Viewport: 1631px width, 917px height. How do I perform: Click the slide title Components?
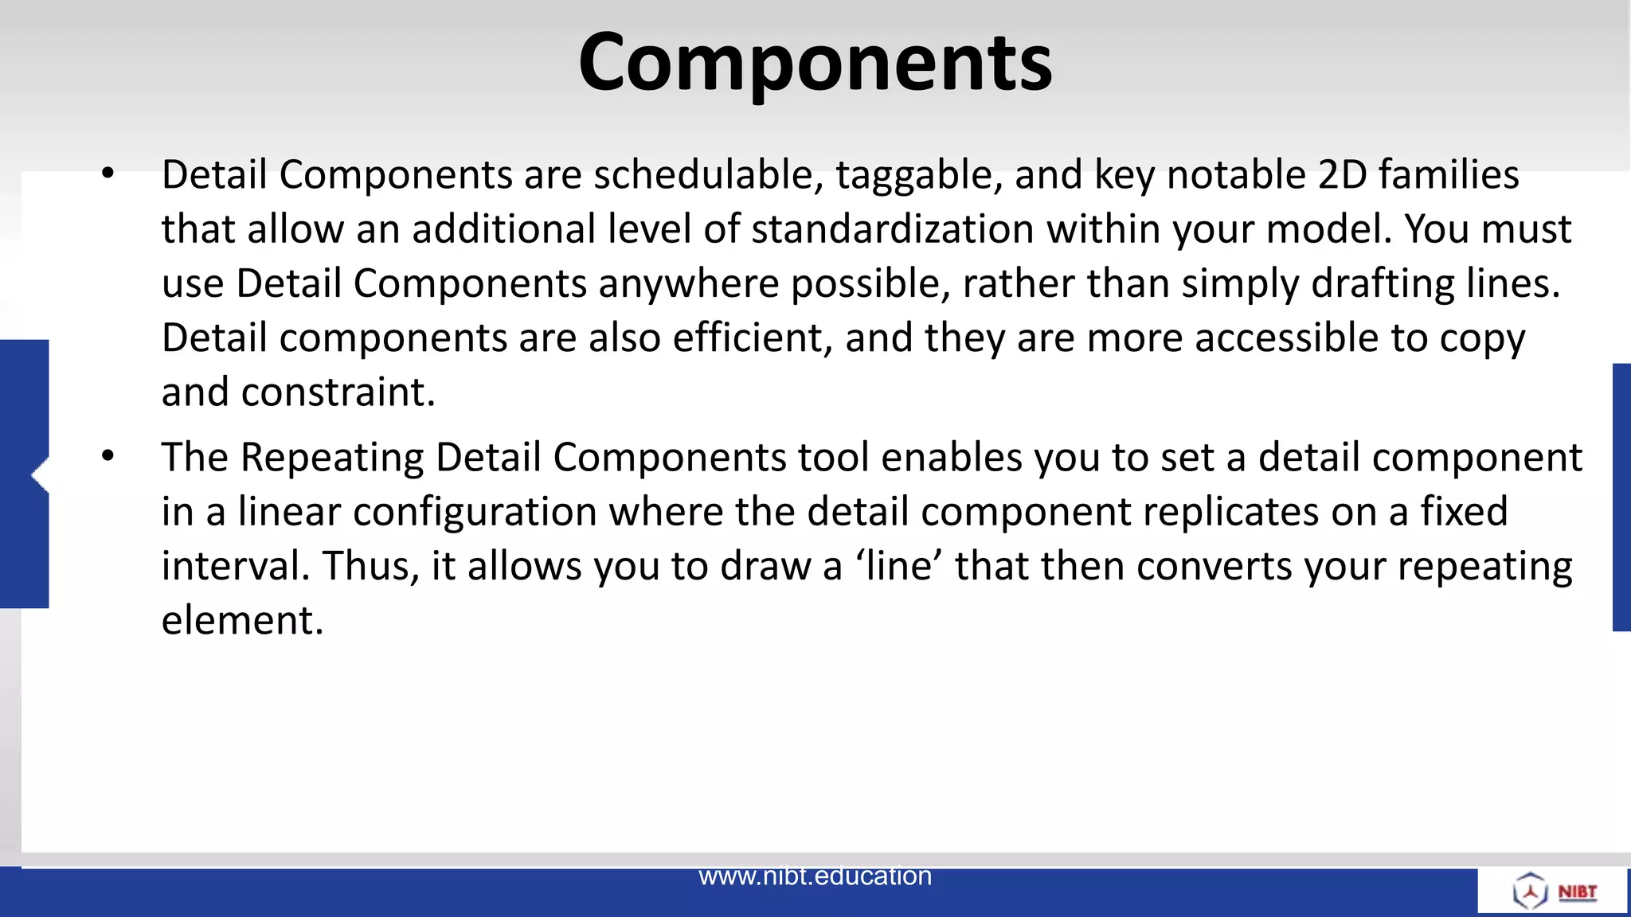pos(815,62)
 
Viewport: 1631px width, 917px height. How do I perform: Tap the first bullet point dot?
pos(108,173)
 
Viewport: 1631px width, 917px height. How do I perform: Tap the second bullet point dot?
pos(108,456)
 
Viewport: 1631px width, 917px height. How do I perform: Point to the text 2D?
pos(1342,174)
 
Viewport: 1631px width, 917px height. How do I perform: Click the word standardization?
pos(892,229)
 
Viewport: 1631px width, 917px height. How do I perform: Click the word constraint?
pos(338,392)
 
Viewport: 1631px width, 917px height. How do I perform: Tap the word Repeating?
pos(332,458)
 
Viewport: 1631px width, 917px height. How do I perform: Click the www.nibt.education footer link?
pos(815,876)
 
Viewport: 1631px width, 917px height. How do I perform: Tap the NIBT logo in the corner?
pos(1553,891)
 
